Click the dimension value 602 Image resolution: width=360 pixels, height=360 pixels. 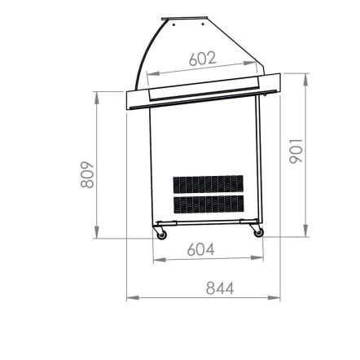(203, 59)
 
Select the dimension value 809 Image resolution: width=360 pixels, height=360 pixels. (87, 174)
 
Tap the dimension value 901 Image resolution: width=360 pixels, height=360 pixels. (296, 151)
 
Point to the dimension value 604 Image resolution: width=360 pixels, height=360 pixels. (201, 249)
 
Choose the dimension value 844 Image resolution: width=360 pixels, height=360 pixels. (220, 288)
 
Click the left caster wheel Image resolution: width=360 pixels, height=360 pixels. (162, 235)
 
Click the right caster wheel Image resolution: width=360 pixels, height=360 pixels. (259, 233)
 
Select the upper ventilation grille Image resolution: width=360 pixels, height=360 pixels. (209, 184)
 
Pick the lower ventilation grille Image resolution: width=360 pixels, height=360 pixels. (209, 204)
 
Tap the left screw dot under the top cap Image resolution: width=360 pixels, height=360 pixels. (173, 25)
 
